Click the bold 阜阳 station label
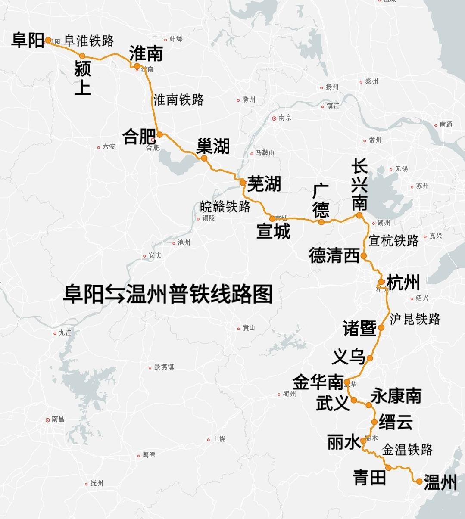coord(28,40)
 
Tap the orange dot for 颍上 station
coord(82,56)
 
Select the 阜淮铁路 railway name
coord(89,41)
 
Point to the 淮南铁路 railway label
coord(179,100)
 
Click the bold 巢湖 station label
coord(213,146)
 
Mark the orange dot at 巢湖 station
coord(204,158)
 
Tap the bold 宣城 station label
coord(273,232)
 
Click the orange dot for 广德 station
coord(321,222)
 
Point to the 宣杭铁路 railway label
coord(394,241)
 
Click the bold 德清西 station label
coord(334,256)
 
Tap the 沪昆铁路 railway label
coord(415,319)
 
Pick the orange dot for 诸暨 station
coord(381,328)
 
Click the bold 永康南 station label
coord(396,396)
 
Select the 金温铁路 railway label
coord(407,450)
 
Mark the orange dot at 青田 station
coord(388,467)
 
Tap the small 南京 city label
coord(285,118)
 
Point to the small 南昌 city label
coord(58,419)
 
